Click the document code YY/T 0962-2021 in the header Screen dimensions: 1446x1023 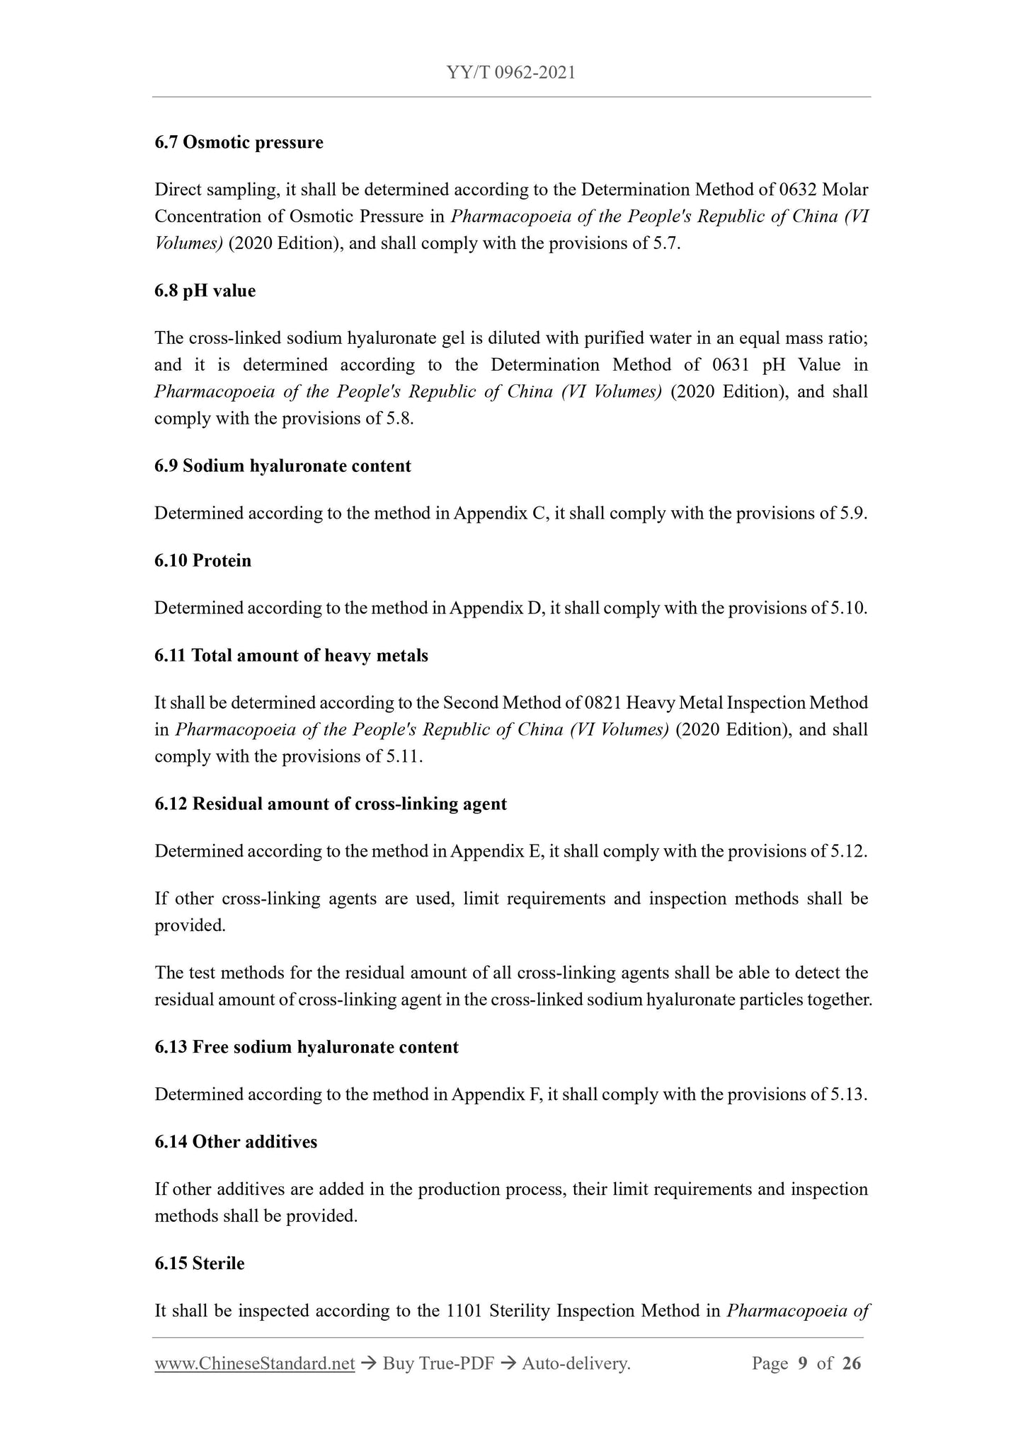[x=511, y=72]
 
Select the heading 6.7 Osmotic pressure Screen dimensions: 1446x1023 [x=239, y=142]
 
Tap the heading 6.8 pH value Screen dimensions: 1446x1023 [x=205, y=291]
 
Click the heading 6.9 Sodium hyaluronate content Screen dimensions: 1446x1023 [x=282, y=466]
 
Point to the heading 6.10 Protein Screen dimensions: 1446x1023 [x=202, y=561]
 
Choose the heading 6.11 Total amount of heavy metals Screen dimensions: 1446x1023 [x=291, y=656]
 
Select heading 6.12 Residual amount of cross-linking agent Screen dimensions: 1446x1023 [x=331, y=804]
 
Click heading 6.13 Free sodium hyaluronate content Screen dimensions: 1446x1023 [x=307, y=1048]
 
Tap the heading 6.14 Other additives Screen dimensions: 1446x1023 [x=236, y=1143]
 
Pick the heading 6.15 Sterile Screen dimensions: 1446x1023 [x=200, y=1264]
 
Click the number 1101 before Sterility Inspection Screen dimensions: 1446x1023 [x=464, y=1312]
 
